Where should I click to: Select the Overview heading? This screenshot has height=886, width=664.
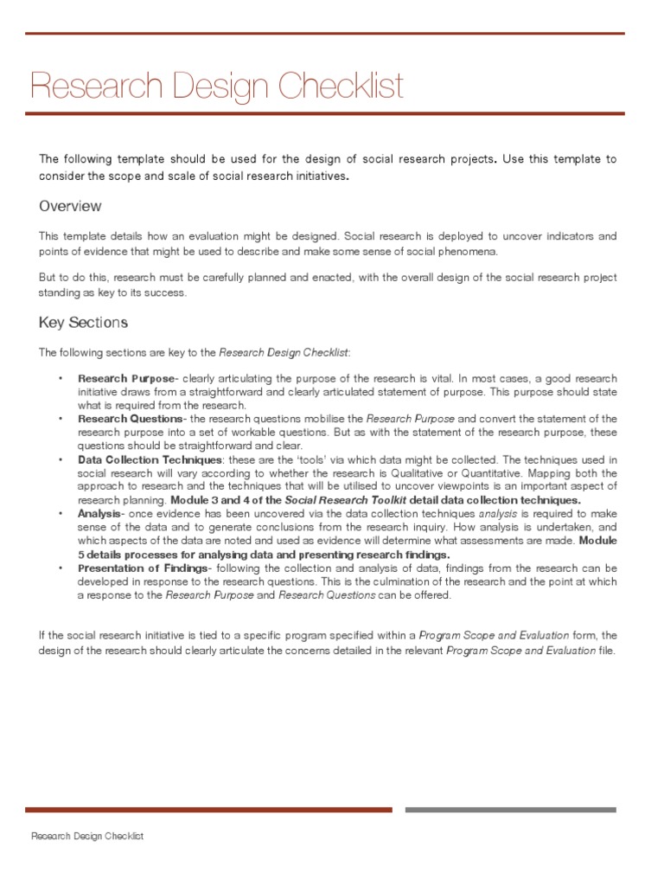(x=70, y=206)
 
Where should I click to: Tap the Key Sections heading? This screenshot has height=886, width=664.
(x=83, y=323)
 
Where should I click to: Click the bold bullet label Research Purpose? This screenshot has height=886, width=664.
(x=126, y=378)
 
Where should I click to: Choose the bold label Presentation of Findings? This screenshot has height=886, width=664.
(x=143, y=568)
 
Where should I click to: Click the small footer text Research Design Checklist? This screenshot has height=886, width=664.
(x=87, y=837)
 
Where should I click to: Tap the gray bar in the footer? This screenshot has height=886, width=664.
(x=510, y=810)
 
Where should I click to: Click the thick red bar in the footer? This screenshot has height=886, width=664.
(x=208, y=810)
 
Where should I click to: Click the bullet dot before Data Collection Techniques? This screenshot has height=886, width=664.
(x=61, y=459)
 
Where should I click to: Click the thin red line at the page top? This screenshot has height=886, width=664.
(x=325, y=34)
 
